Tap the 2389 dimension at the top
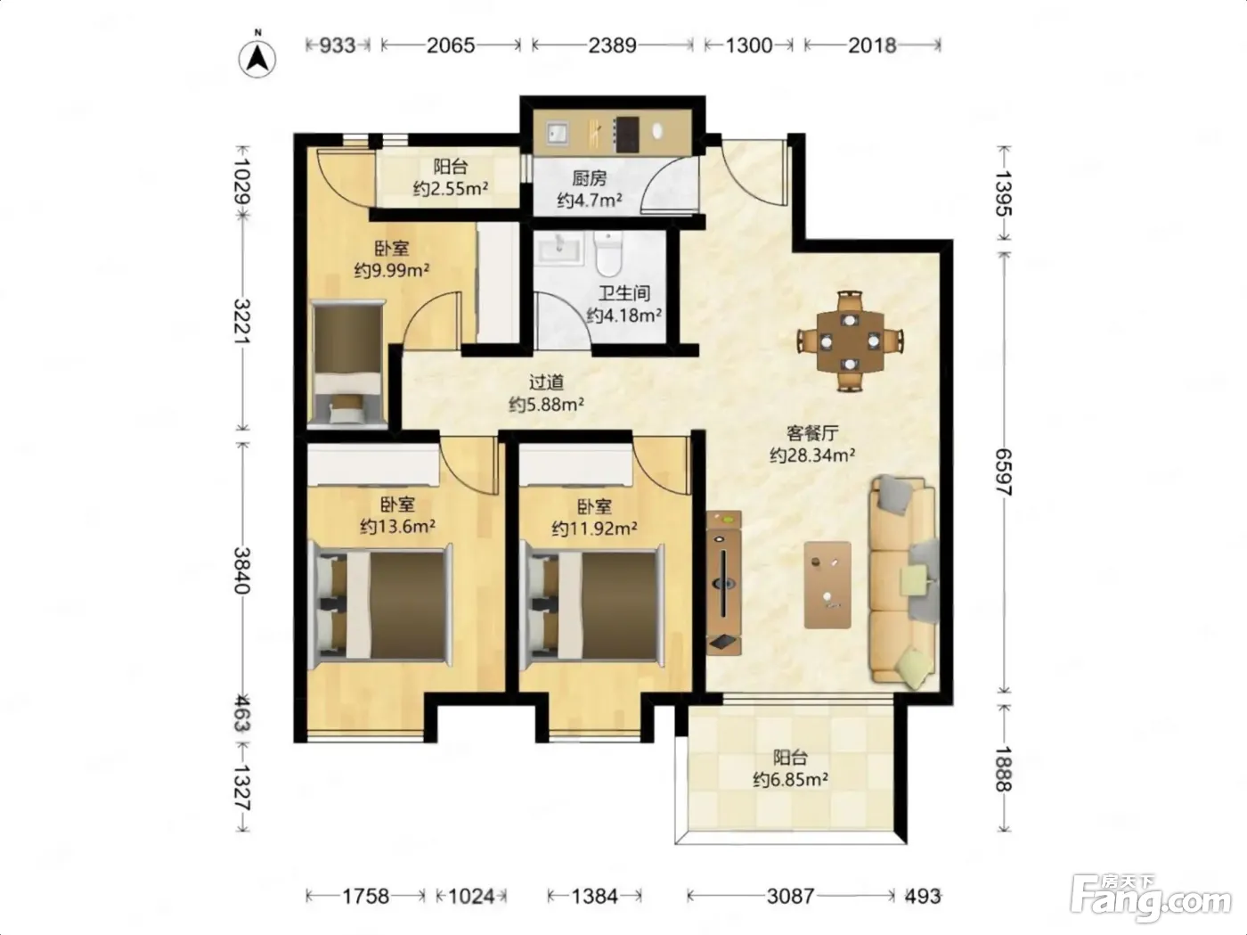[x=613, y=45]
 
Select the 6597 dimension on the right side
[x=1004, y=472]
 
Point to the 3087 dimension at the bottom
[x=791, y=897]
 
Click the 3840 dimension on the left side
[x=242, y=570]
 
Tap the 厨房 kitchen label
[x=589, y=178]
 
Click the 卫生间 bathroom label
[x=623, y=293]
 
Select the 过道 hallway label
[x=546, y=382]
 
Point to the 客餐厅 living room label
[x=812, y=433]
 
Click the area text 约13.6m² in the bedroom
[x=397, y=527]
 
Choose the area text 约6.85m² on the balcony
[x=790, y=779]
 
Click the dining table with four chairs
[x=850, y=341]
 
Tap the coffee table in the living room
[x=827, y=585]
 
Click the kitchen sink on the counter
[x=558, y=134]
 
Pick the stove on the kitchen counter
[x=626, y=135]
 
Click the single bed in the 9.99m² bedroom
[x=347, y=365]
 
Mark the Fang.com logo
[x=1151, y=898]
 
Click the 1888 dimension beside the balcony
[x=1004, y=769]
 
